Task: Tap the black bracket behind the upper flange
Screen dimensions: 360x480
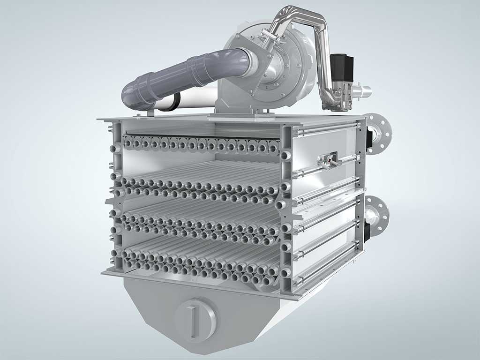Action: click(x=369, y=137)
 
